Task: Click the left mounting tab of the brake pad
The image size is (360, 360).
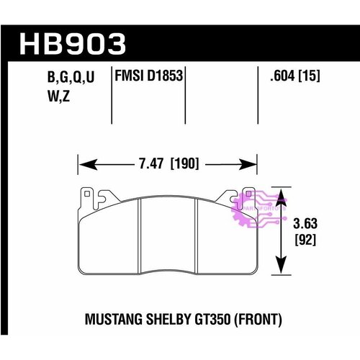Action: pos(88,195)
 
